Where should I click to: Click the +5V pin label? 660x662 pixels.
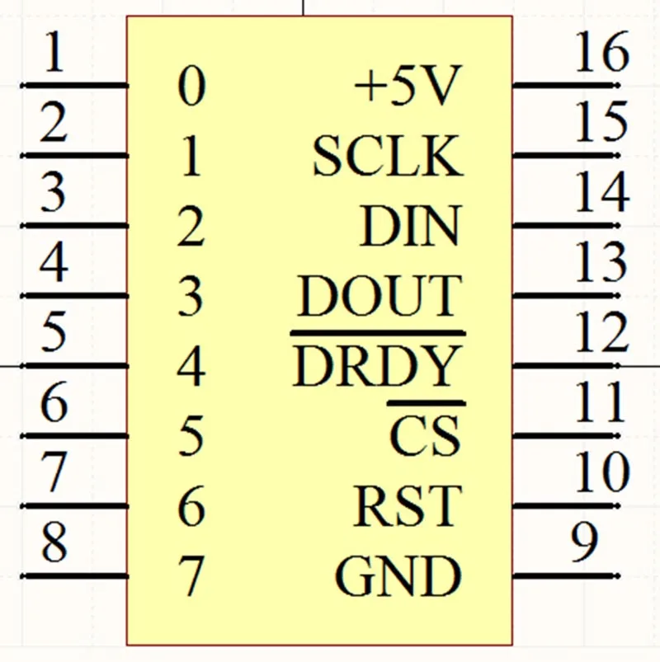(407, 87)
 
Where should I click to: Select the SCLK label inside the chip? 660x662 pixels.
(388, 156)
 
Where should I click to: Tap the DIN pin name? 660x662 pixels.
(410, 225)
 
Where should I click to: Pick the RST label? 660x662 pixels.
(408, 505)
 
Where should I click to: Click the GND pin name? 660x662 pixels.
(398, 575)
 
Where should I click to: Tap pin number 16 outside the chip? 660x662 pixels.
(602, 51)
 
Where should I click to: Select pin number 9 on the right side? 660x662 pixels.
(585, 542)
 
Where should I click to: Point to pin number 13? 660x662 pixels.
(601, 262)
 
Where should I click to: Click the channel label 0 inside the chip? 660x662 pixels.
(191, 86)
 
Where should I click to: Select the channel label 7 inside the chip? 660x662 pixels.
(191, 576)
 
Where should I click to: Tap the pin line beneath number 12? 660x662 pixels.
(566, 365)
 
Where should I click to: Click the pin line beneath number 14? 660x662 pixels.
(566, 226)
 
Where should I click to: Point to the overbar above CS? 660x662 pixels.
(427, 404)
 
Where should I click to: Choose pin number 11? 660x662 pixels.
(601, 401)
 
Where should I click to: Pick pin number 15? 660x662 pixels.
(601, 121)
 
